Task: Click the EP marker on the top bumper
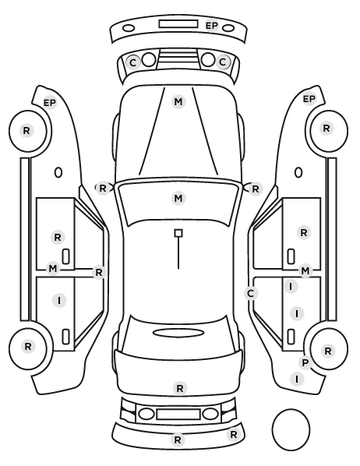(x=212, y=26)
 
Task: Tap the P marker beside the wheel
(x=305, y=362)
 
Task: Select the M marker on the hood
(x=178, y=101)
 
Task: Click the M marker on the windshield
(x=178, y=198)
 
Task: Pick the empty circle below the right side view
(x=291, y=429)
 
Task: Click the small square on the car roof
(x=178, y=233)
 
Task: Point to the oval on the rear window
(x=178, y=333)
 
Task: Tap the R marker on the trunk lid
(x=180, y=388)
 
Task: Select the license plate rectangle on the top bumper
(x=178, y=24)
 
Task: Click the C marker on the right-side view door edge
(x=251, y=294)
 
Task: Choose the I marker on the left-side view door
(x=59, y=301)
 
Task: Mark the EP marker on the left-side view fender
(x=50, y=103)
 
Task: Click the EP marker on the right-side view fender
(x=309, y=99)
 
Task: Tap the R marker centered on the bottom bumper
(x=178, y=440)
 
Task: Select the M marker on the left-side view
(x=53, y=269)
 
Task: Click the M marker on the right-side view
(x=305, y=270)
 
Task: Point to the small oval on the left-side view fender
(x=58, y=172)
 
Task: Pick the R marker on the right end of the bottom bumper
(x=234, y=435)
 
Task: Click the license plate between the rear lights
(x=178, y=414)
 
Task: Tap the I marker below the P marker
(x=297, y=379)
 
